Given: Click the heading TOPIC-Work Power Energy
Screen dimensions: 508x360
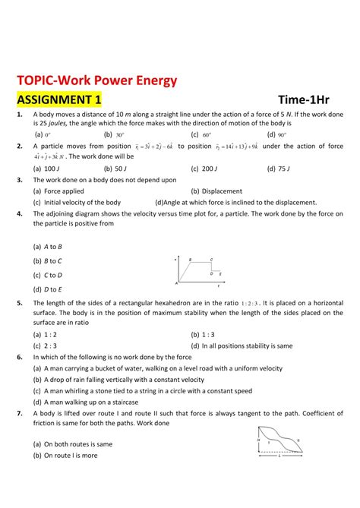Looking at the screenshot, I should [96, 80].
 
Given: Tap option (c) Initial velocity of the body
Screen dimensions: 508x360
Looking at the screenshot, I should [77, 203].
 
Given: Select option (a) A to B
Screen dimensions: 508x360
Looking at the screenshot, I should [47, 248].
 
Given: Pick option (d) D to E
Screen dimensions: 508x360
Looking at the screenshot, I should [47, 289].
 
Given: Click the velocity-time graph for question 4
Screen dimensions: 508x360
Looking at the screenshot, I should [198, 271].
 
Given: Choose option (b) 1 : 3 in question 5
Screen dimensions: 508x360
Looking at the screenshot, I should [202, 333].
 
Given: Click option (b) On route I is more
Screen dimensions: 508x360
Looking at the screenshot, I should [65, 455].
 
